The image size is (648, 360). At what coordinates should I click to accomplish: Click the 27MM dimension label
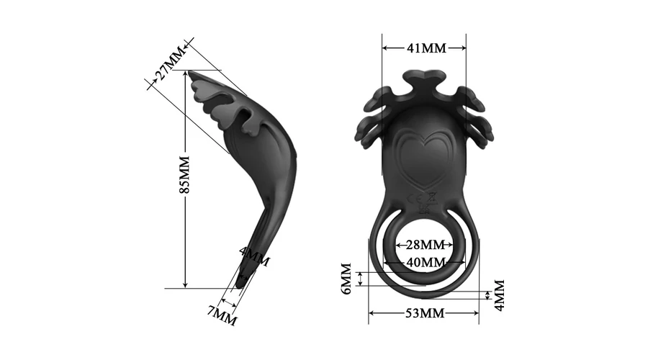pos(170,63)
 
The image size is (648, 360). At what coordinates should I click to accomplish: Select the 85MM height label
pos(184,174)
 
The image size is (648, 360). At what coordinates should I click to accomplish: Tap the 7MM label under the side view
pos(222,316)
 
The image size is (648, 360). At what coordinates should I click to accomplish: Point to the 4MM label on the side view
pos(255,257)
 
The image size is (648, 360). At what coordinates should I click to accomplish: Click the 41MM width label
pos(426,48)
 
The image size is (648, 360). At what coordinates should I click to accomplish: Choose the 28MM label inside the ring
pos(426,245)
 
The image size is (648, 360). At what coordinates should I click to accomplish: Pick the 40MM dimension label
pos(426,262)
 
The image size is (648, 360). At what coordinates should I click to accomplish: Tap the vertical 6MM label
pos(346,279)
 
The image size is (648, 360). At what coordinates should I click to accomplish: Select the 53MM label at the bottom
pos(425,313)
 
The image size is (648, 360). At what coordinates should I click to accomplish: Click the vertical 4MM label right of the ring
pos(499,295)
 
